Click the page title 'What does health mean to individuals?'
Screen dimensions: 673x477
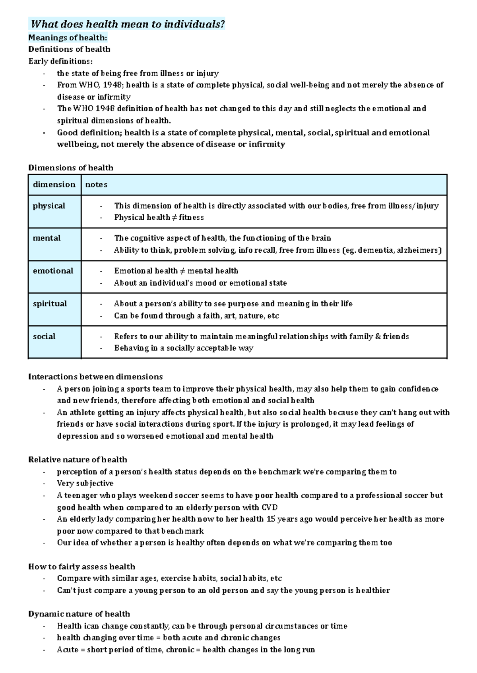128,24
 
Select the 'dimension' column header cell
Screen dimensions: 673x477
54,185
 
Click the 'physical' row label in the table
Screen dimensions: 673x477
49,206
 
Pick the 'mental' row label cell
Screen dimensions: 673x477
47,238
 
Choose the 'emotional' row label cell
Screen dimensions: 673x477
53,271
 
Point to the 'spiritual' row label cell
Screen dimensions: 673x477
50,304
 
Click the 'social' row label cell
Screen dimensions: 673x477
44,336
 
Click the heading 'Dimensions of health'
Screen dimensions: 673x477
71,168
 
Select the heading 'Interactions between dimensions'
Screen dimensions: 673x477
95,377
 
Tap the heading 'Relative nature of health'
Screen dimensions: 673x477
78,460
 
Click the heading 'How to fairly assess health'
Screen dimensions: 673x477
81,567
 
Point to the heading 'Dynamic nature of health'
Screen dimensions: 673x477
79,614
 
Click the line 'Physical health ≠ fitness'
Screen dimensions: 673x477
159,217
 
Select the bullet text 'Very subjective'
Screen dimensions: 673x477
85,483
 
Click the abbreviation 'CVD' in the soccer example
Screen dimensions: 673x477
270,507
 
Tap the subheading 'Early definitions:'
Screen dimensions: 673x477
60,61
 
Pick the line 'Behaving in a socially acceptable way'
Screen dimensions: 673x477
184,348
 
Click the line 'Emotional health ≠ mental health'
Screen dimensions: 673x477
176,271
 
